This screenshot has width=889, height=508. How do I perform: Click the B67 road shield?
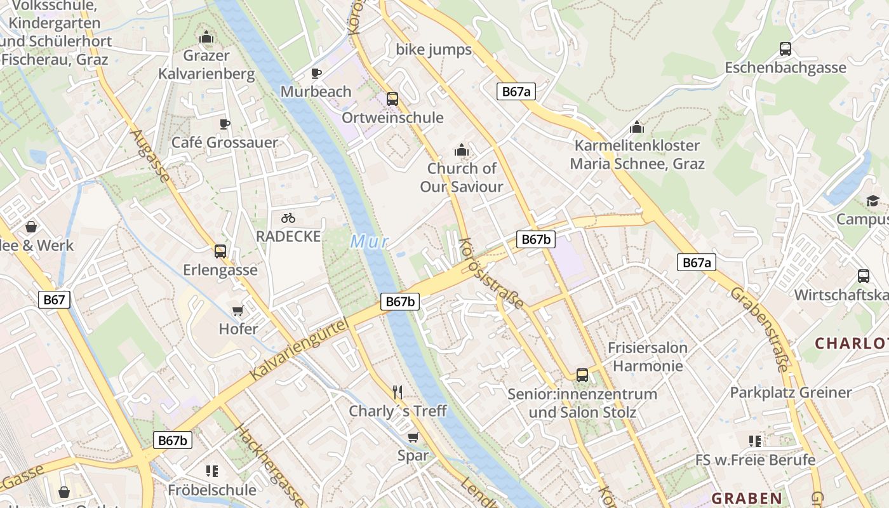pos(54,300)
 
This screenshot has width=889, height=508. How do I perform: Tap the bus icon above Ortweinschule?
pos(392,98)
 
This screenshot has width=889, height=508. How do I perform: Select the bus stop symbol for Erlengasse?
pos(220,251)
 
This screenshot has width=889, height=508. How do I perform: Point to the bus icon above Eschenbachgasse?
pos(785,48)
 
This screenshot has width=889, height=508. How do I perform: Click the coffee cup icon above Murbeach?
pos(316,73)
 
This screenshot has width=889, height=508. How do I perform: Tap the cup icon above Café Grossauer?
pos(224,123)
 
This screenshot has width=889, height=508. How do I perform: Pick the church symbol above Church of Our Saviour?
pos(462,150)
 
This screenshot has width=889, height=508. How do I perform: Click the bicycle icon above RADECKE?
pos(288,218)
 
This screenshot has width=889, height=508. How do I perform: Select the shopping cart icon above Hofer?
pos(238,311)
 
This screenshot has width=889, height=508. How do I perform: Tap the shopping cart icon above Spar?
pos(413,437)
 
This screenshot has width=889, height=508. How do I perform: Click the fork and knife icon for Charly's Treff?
pos(398,392)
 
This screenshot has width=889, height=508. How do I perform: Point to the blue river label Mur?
pos(368,242)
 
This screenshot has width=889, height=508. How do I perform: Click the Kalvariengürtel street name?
pos(300,351)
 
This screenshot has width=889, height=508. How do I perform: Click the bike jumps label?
pos(434,50)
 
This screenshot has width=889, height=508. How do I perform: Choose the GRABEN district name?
pos(747,498)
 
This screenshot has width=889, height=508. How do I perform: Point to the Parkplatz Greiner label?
pos(791,392)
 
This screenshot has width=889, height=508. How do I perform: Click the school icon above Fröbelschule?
pos(212,471)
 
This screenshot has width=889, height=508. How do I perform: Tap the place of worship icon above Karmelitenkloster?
pos(637,127)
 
